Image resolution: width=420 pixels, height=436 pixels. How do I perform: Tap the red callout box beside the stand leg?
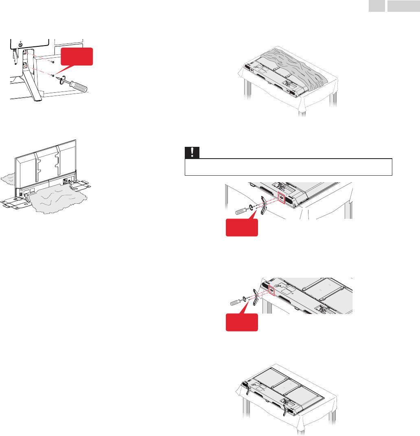(77, 57)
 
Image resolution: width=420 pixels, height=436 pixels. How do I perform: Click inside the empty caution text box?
(288, 167)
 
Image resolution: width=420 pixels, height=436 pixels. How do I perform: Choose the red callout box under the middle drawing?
(242, 227)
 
